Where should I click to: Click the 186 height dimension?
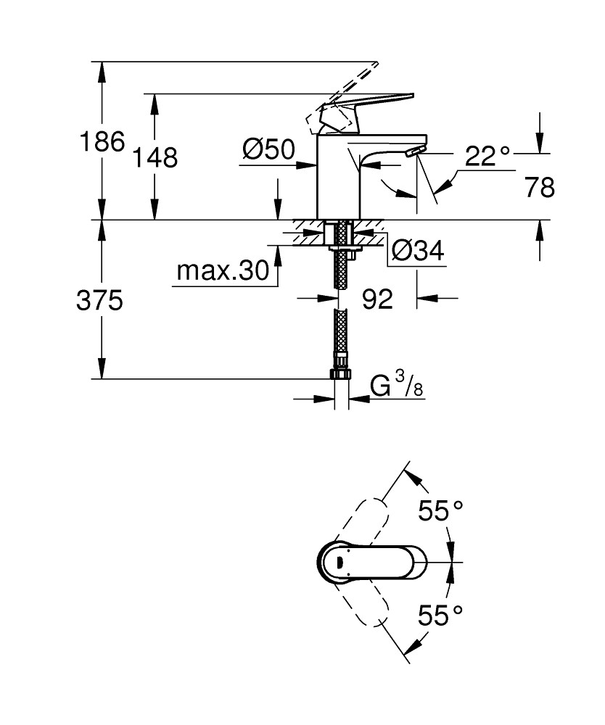point(101,141)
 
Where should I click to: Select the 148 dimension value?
point(155,157)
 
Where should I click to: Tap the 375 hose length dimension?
point(99,300)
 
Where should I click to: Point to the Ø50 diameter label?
point(268,150)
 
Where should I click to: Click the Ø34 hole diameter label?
point(417,251)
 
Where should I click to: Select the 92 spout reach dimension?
point(376,299)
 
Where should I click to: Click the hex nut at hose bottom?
point(340,374)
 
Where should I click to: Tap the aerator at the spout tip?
point(414,152)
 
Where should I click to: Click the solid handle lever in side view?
point(363,105)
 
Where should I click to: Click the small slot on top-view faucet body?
point(339,562)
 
